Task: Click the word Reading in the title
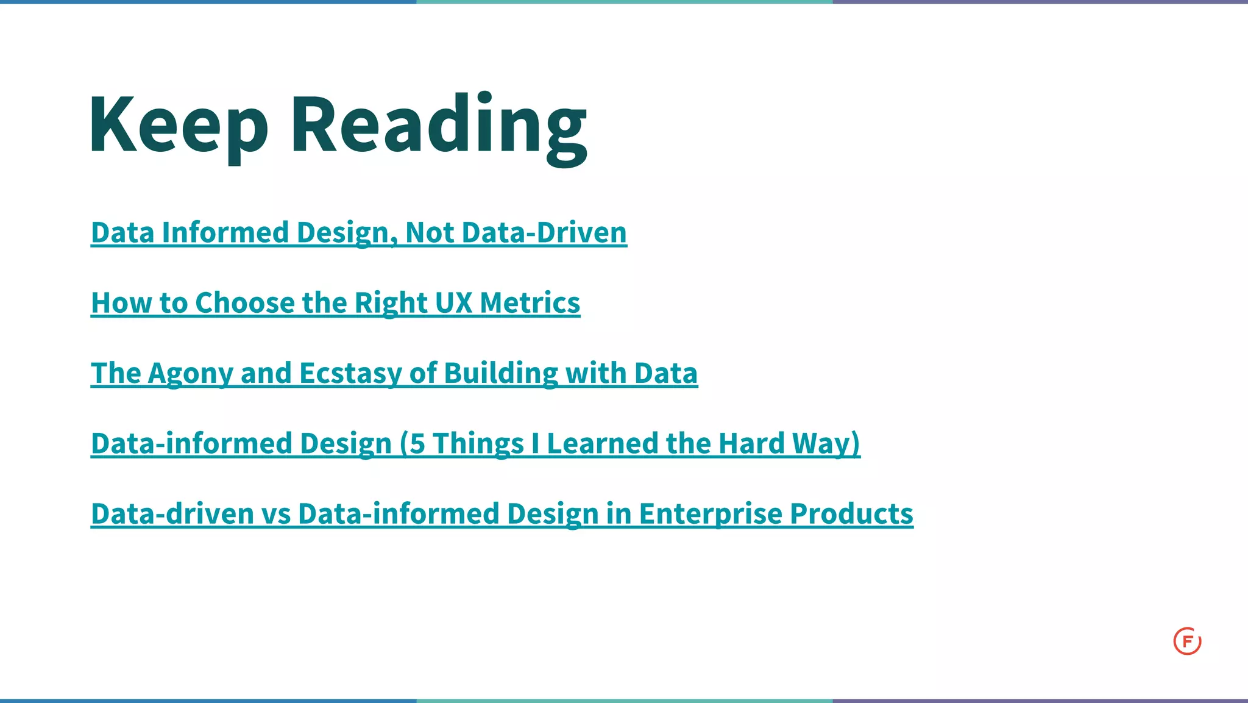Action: pos(439,125)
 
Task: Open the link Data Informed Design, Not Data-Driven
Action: pos(358,233)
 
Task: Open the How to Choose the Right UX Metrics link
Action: pos(335,303)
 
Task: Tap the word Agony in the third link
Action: pos(190,373)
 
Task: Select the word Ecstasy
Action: pos(350,373)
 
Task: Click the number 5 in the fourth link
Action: pos(417,443)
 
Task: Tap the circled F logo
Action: pos(1187,641)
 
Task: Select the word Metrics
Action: pos(530,303)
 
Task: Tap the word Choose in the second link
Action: pos(245,303)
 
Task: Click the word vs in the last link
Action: pos(276,513)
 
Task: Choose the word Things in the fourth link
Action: pos(478,443)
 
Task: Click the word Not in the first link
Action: pos(430,233)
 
